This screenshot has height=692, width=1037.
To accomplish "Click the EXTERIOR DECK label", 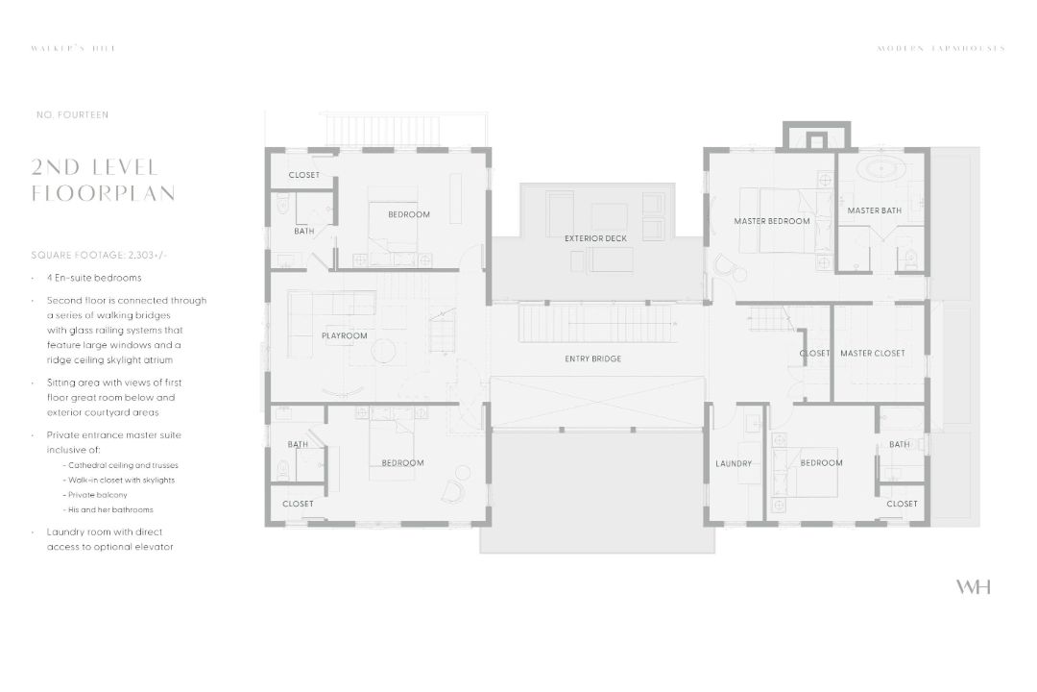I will click(x=595, y=237).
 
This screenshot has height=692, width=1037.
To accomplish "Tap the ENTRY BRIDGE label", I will click(x=592, y=358).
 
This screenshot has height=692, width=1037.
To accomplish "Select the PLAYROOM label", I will click(x=345, y=335).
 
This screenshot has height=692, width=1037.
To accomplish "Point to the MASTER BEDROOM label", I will click(x=772, y=221).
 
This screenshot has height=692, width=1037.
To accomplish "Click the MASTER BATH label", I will click(x=874, y=210).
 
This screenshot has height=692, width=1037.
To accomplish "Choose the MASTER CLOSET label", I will click(x=872, y=353).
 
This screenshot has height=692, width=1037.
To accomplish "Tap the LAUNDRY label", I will click(x=734, y=464).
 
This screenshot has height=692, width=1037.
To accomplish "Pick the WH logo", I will click(x=973, y=587).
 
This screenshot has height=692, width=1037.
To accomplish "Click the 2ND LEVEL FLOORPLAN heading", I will click(x=103, y=181).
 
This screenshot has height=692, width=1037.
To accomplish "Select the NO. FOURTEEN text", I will click(x=72, y=115).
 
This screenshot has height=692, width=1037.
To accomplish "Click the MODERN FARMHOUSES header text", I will click(x=941, y=48).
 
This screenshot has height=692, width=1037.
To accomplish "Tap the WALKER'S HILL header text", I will click(x=73, y=48).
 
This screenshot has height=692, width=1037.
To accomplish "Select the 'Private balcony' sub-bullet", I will click(x=98, y=495).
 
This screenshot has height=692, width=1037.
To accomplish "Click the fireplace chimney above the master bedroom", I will click(x=815, y=136).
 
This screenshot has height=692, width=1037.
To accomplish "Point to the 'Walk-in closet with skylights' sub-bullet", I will click(x=121, y=480).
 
